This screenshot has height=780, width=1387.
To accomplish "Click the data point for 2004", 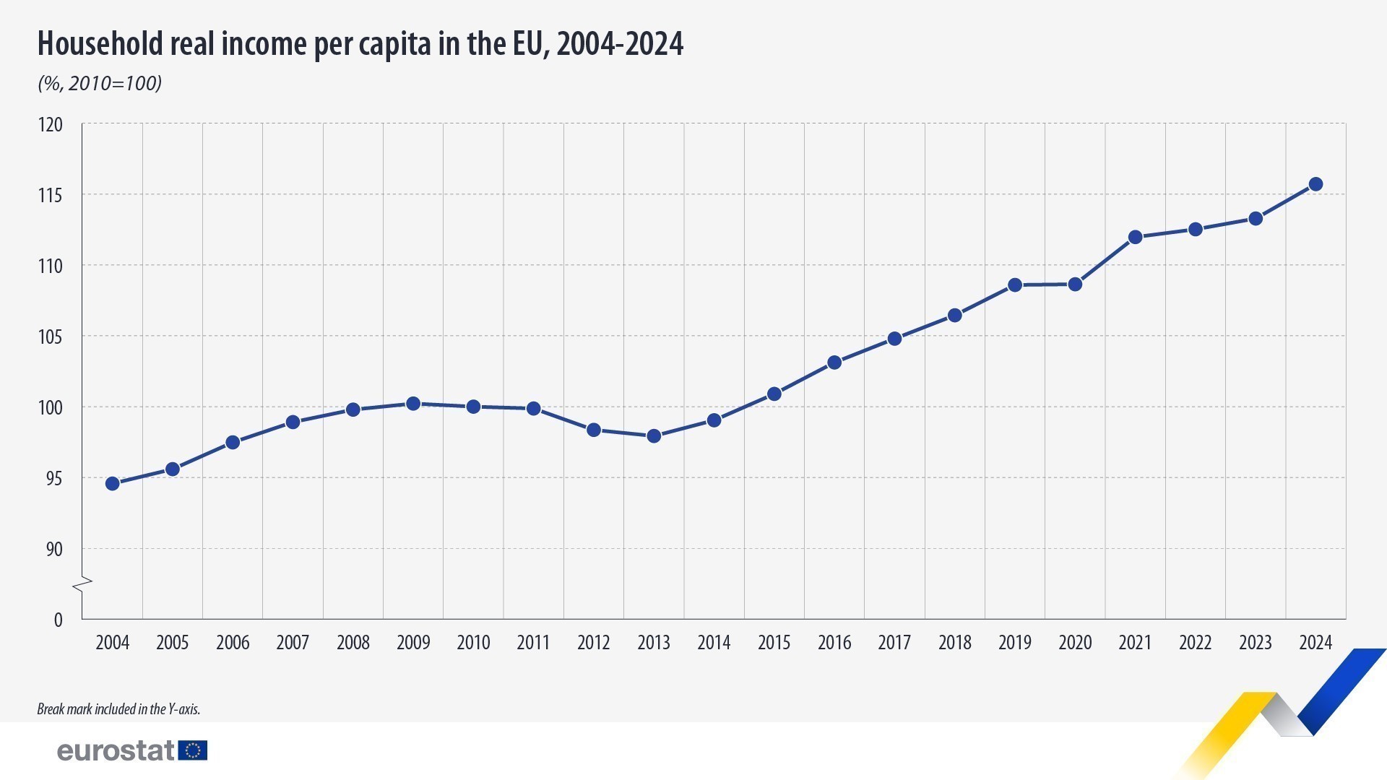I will [112, 483].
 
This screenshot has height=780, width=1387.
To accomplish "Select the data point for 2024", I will [1315, 184].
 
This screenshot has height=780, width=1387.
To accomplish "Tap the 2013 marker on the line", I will [654, 435].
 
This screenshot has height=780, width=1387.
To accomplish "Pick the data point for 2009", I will [413, 404].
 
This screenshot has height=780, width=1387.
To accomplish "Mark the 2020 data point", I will [1075, 285].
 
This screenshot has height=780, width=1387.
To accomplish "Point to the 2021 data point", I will [1135, 237].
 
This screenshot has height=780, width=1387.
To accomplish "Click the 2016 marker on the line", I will [834, 363].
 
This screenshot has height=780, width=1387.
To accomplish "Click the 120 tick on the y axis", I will [51, 125].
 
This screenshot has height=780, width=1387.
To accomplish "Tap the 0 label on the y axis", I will [58, 620].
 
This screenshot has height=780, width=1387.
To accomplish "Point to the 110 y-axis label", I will [51, 266].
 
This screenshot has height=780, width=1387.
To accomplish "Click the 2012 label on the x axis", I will [593, 642].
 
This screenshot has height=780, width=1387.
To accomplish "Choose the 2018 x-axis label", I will [954, 642].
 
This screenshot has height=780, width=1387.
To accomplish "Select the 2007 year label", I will [293, 642].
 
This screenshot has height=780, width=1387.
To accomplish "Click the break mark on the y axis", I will [82, 584].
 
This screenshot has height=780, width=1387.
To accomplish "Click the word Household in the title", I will [100, 44].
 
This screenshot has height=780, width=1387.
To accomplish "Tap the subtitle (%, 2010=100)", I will [100, 83].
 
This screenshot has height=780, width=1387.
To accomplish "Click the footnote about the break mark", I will [118, 709].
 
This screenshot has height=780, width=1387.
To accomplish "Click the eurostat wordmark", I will [116, 750].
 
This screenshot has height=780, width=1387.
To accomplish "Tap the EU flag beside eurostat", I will [193, 750].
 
